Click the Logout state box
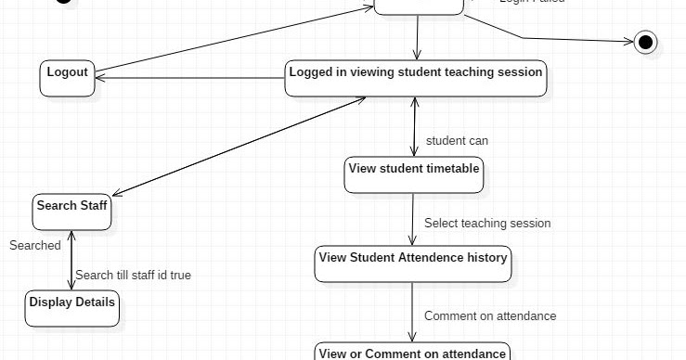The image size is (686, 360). pos(68,77)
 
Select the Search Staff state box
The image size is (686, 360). pos(72,212)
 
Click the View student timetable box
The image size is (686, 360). pos(414,174)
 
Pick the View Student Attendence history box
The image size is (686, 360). pos(413,264)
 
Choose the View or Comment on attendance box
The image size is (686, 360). pos(413,352)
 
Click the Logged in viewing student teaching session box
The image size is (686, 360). pos(416,78)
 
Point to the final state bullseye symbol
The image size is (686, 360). pos(646,42)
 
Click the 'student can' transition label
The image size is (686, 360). pos(457,141)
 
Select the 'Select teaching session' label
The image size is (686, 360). pos(487,224)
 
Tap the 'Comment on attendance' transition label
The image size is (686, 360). pos(490,316)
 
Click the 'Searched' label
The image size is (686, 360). pos(35,246)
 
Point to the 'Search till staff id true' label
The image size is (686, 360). pos(134,276)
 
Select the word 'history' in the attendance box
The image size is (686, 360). pos(486,257)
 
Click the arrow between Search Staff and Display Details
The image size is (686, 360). pos(71,260)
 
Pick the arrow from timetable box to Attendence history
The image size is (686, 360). pos(413,219)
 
